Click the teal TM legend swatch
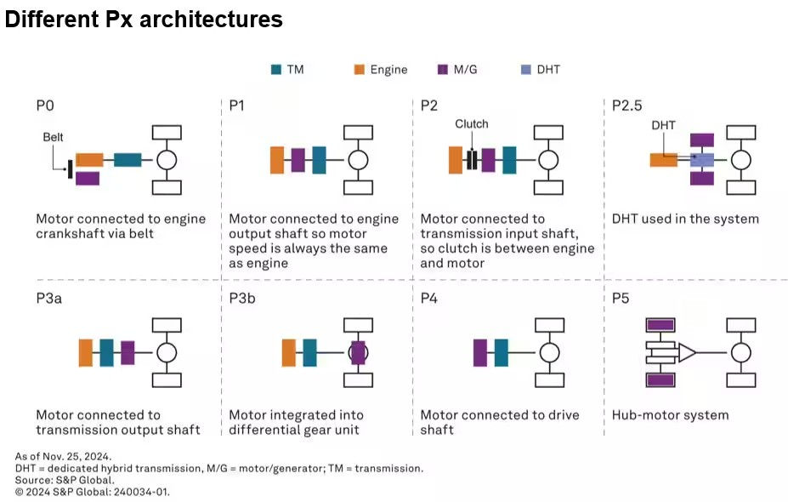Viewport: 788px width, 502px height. pos(275,70)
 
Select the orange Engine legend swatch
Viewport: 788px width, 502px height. pos(360,70)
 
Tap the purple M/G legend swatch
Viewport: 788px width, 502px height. pos(442,70)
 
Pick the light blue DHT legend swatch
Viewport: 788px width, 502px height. pos(524,70)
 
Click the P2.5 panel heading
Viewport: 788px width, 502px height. pos(626,106)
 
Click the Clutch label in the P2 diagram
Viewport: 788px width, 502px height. pos(471,124)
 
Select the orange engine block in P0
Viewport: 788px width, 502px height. pos(89,159)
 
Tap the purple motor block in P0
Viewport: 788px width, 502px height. pos(88,178)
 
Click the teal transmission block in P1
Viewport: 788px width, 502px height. pos(319,160)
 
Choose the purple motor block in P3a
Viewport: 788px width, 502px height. pos(128,352)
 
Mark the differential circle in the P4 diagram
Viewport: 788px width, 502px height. pos(549,352)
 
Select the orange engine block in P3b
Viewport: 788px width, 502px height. pos(288,352)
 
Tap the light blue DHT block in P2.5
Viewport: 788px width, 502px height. pos(702,159)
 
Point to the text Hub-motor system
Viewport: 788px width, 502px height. pos(670,415)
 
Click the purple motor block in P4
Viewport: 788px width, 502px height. pos(480,352)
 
